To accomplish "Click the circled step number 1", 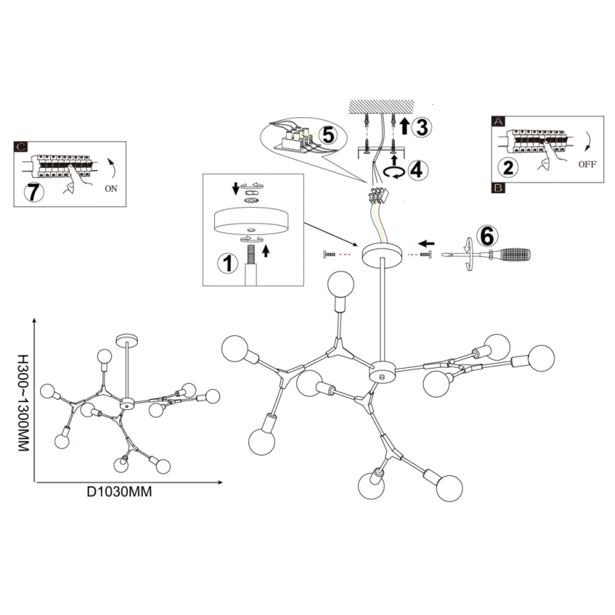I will coord(228,263).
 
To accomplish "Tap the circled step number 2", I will coord(508,167).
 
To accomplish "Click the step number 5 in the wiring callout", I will coord(328,135).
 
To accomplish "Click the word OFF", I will coord(587,164).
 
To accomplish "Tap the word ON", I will coord(111,189).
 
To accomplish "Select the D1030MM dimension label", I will coord(119,492).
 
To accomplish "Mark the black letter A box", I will coord(499,121).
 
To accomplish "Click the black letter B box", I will coord(499,188).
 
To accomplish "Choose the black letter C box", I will coord(21,147).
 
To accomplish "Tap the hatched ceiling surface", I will coord(381,107).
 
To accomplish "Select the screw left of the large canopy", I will coord(329,255).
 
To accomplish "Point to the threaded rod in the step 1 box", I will coord(250,254).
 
